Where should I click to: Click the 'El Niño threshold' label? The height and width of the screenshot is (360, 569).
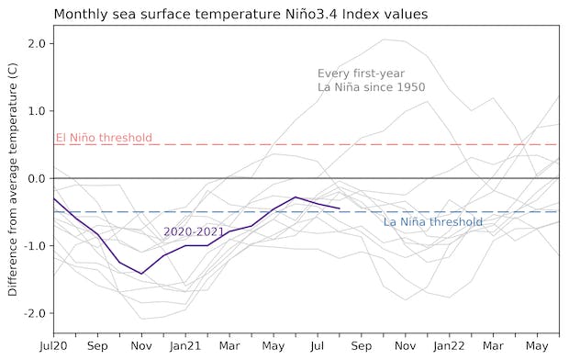104,139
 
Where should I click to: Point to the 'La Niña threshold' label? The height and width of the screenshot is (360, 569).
432,222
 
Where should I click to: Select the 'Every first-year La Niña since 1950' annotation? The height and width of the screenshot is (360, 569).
362,80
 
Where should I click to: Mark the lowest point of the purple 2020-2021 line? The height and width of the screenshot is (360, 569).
141,274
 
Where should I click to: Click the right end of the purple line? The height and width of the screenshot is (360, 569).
340,208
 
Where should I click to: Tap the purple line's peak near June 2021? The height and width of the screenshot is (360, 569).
296,197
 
